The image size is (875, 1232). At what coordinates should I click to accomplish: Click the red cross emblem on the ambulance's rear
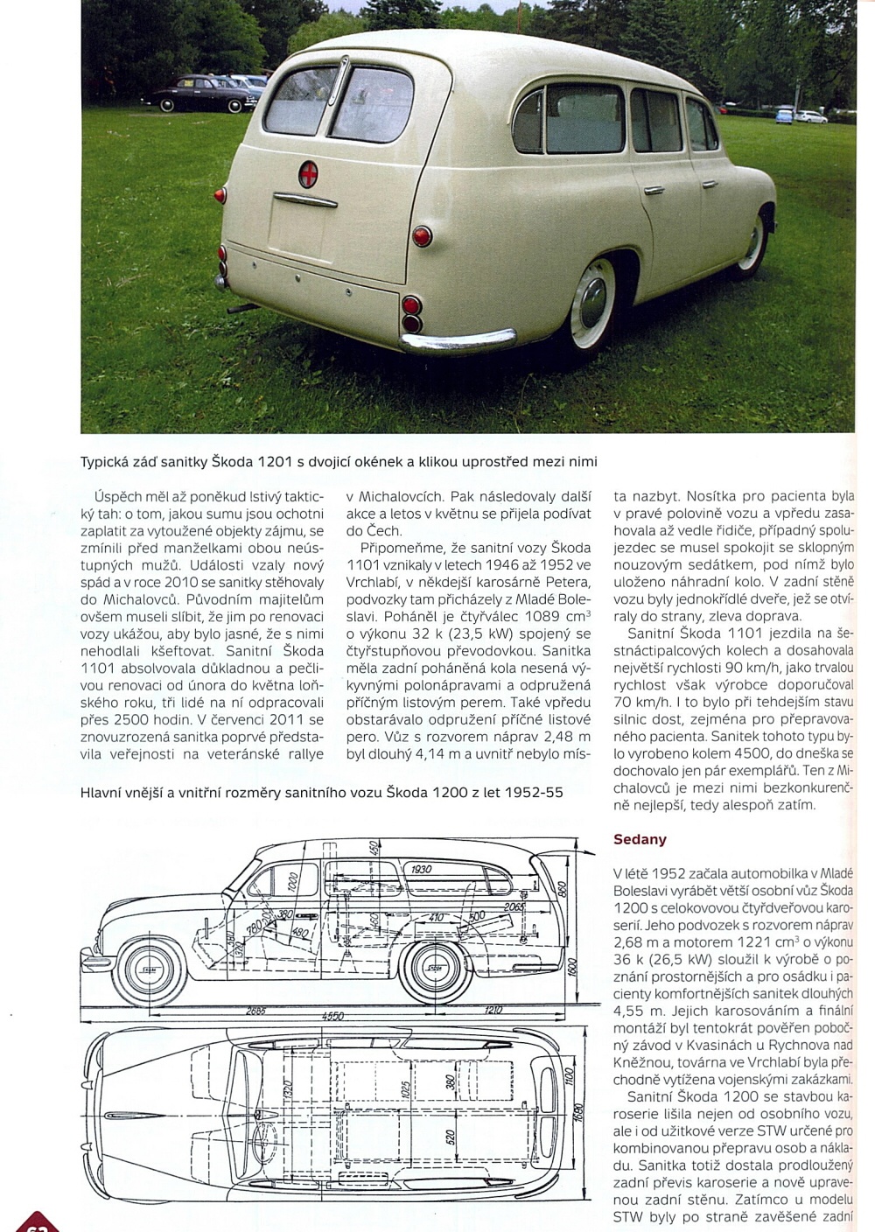308,171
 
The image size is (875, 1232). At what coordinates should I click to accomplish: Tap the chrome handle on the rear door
304,200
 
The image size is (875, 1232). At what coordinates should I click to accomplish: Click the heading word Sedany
640,839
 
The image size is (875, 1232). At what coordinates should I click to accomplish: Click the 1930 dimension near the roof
421,869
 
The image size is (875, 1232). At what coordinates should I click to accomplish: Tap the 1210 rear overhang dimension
493,1010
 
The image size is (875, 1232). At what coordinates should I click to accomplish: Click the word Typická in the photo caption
108,461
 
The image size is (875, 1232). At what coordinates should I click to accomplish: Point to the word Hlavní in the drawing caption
103,792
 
